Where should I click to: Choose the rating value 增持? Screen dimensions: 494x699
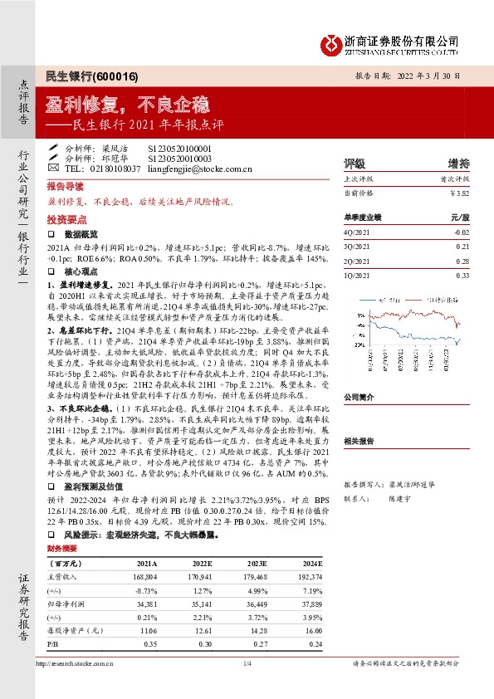[x=458, y=163]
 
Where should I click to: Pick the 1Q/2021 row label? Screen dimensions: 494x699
[x=355, y=275]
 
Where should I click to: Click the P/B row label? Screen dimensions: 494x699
[x=53, y=645]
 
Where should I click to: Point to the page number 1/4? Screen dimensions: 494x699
[x=247, y=663]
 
